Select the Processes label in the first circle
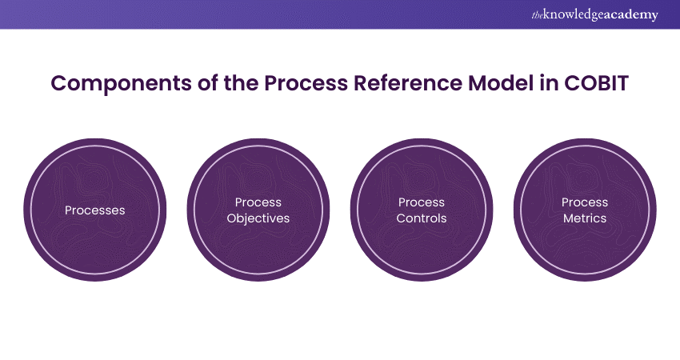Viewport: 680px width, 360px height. (x=94, y=210)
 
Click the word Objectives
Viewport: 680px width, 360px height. (x=258, y=218)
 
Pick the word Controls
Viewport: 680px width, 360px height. (x=422, y=218)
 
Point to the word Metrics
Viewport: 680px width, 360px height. (x=585, y=218)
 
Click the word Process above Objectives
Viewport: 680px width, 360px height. (x=258, y=202)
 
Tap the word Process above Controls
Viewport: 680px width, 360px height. (x=422, y=202)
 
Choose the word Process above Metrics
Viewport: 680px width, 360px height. (x=585, y=202)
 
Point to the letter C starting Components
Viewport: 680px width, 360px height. (x=58, y=83)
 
